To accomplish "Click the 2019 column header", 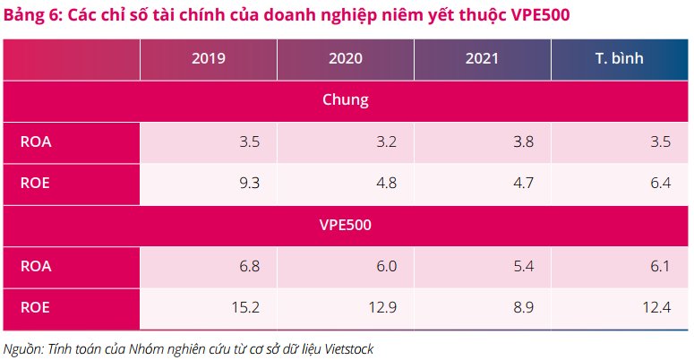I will coord(208,60).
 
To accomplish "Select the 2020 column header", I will coord(345,60).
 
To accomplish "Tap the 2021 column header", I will coord(482,60).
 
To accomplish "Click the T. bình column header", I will coord(619,60).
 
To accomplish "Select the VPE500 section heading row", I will coord(346,225).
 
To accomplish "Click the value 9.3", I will coord(250,183).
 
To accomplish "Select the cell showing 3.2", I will coord(387,141).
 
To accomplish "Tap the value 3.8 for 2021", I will coord(524,141).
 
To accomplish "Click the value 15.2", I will coord(246,307).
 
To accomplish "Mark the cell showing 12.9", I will coord(383,307).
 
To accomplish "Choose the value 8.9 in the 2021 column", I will coord(524,307).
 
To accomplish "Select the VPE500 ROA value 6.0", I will coord(387,266).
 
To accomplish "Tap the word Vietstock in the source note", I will coord(345,348).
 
